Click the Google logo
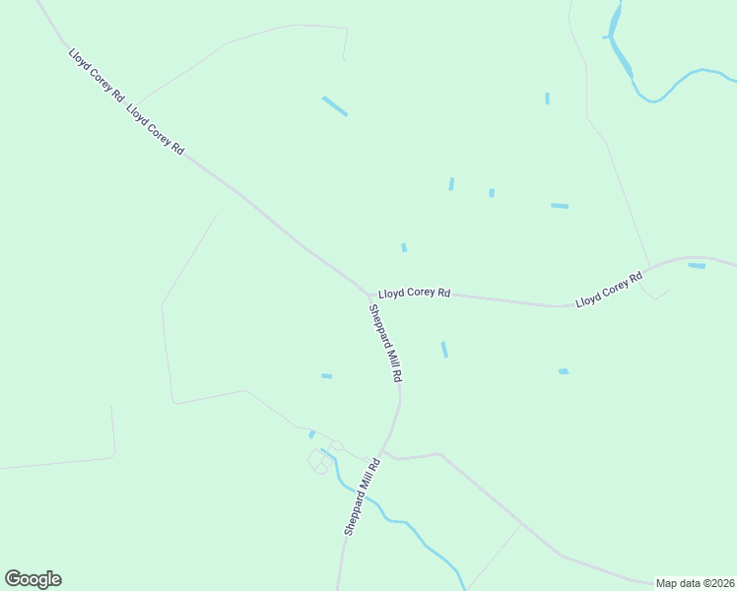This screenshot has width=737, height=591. pyautogui.click(x=33, y=579)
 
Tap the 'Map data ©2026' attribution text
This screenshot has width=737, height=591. pyautogui.click(x=695, y=583)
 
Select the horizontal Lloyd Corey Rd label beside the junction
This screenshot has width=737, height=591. pyautogui.click(x=414, y=293)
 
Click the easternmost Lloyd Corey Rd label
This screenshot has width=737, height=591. pyautogui.click(x=609, y=286)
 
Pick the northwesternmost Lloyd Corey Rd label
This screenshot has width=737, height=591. pyautogui.click(x=96, y=75)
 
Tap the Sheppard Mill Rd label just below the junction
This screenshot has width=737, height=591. pyautogui.click(x=386, y=344)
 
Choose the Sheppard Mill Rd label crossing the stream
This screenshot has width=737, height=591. pyautogui.click(x=362, y=502)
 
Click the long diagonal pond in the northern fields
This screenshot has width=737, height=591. pyautogui.click(x=335, y=105)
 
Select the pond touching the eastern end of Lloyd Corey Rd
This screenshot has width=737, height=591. pyautogui.click(x=697, y=265)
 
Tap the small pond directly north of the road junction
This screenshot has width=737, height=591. pyautogui.click(x=404, y=247)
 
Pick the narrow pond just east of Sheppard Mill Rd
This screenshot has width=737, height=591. pyautogui.click(x=444, y=350)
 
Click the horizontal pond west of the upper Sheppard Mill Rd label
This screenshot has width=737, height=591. pyautogui.click(x=327, y=375)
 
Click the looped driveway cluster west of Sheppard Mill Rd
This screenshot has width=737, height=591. pyautogui.click(x=321, y=459)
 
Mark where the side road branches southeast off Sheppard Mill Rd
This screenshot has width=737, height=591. pyautogui.click(x=387, y=453)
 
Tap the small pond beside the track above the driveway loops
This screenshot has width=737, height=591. pyautogui.click(x=312, y=433)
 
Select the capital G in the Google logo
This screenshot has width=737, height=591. pyautogui.click(x=14, y=578)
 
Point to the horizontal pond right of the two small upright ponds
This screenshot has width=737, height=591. pyautogui.click(x=560, y=206)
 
